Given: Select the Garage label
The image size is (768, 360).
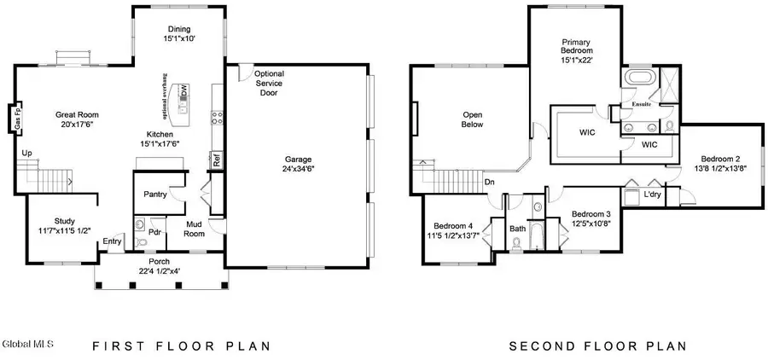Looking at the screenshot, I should point(299,159).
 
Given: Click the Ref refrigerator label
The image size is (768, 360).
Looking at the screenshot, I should point(217,159).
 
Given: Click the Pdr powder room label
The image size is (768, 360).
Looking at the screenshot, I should point(155,231).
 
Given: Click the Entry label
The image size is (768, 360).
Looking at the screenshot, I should point(112,241).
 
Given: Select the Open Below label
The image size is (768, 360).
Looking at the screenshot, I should point(473,119).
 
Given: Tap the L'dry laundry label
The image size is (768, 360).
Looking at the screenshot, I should point(653,195).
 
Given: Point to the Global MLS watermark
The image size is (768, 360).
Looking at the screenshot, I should point(27,345).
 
